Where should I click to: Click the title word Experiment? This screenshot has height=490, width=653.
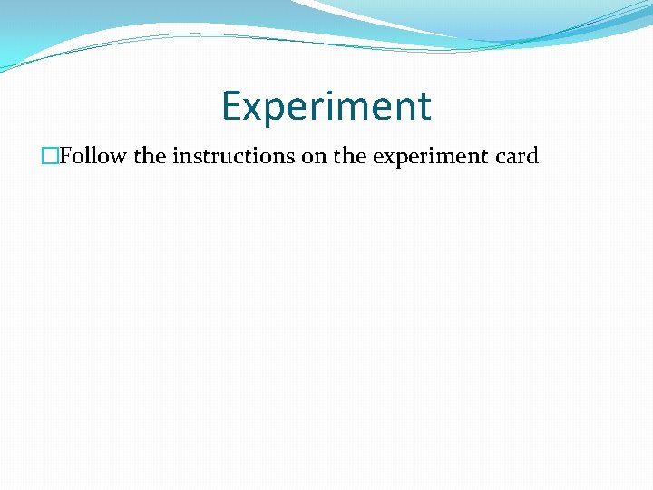click(326, 106)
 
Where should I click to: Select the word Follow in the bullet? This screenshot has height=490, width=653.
click(93, 156)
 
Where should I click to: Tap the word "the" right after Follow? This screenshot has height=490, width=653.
click(150, 156)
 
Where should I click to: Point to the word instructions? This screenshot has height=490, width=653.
click(234, 156)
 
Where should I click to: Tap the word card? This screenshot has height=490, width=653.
click(518, 156)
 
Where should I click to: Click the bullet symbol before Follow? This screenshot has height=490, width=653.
click(51, 156)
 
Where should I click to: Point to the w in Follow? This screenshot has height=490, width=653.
click(118, 157)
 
